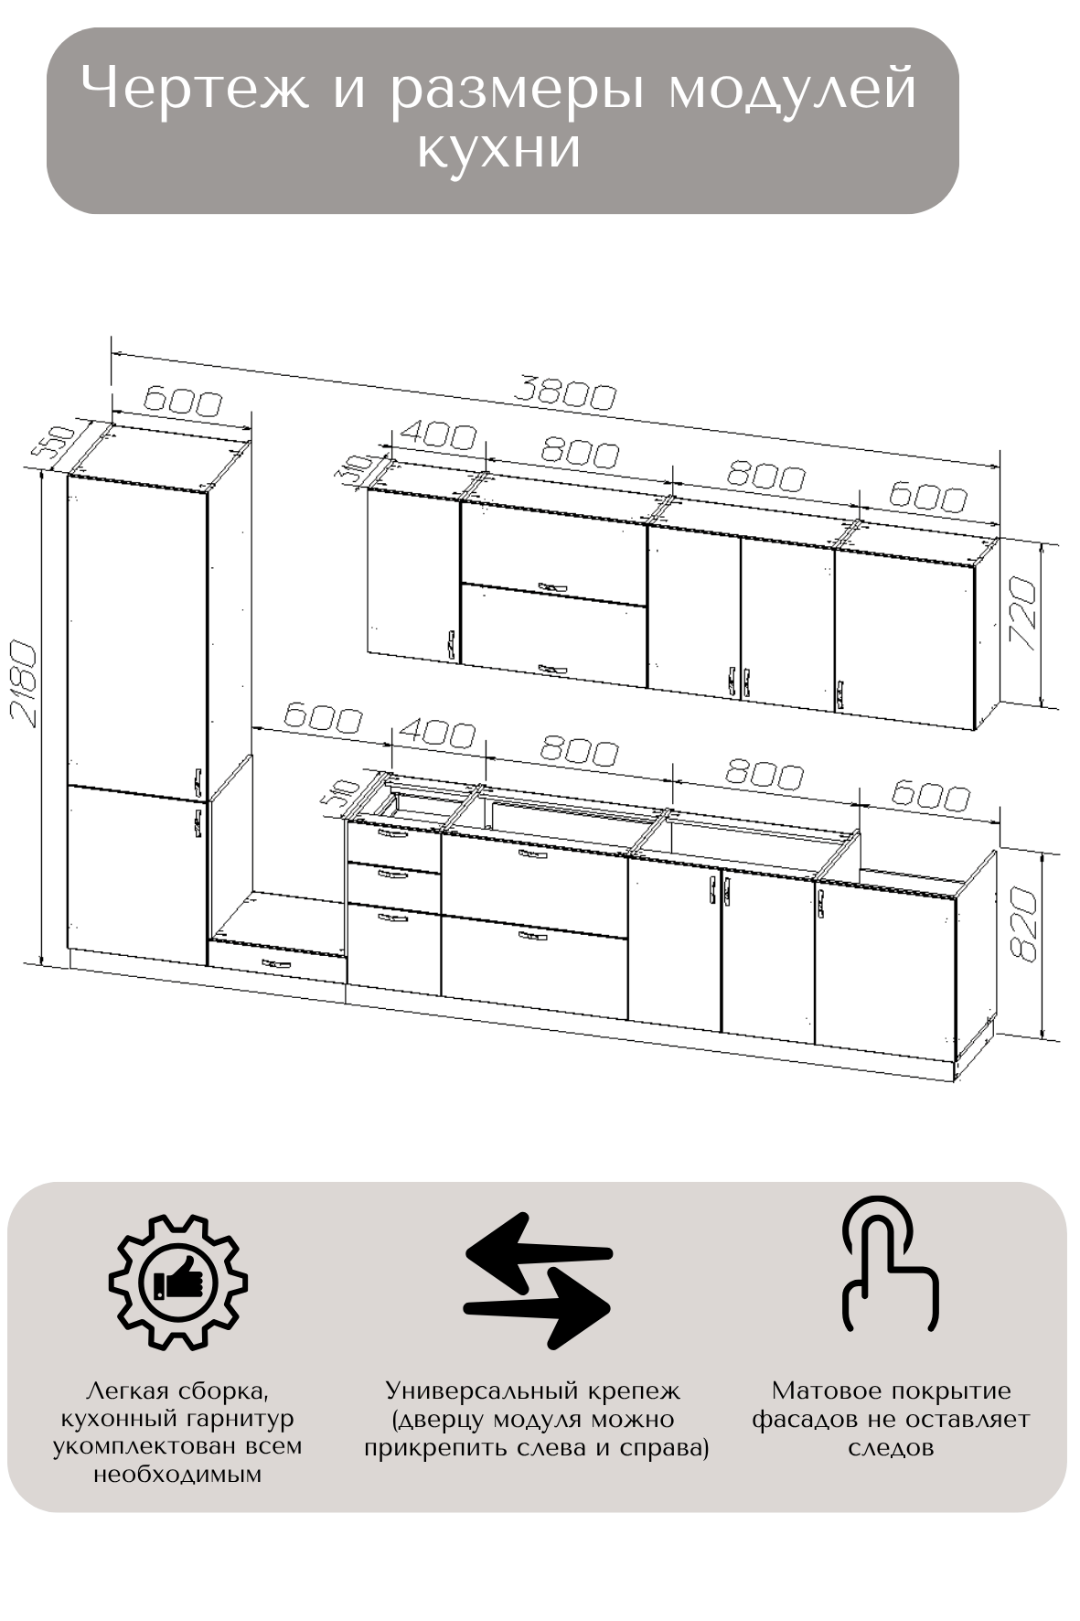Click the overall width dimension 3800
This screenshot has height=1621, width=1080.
(564, 393)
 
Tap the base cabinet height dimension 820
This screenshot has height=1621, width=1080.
(1024, 922)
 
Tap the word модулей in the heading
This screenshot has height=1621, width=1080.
(792, 91)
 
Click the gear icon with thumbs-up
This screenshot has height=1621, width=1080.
(178, 1282)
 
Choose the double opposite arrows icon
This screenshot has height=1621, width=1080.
(538, 1281)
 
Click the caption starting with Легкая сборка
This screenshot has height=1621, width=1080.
(177, 1433)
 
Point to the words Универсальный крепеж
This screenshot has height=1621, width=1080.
(533, 1391)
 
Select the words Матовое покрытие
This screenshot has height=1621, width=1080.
(892, 1390)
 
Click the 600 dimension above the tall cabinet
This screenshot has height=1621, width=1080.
(183, 403)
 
